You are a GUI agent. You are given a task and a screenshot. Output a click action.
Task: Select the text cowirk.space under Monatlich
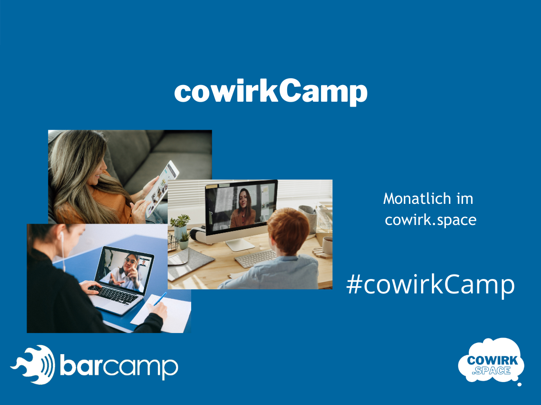pyautogui.click(x=431, y=220)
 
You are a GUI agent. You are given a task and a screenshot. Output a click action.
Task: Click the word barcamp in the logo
pyautogui.click(x=119, y=367)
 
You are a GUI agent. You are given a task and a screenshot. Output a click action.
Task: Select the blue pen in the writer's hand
pyautogui.click(x=160, y=299)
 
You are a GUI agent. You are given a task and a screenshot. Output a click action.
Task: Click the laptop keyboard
pyautogui.click(x=113, y=295)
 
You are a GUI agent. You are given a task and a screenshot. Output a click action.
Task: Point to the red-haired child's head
pyautogui.click(x=288, y=230)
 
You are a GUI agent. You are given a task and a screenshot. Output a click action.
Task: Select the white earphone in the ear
pyautogui.click(x=62, y=237)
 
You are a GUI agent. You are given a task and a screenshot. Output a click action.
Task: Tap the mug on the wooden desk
pyautogui.click(x=327, y=245)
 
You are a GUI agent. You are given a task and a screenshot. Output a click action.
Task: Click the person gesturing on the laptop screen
pyautogui.click(x=124, y=272)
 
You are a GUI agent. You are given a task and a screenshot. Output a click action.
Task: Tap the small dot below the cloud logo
pyautogui.click(x=519, y=384)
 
